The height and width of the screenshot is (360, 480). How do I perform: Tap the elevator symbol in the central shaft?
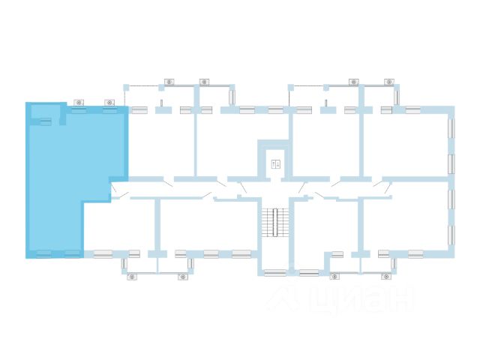[x=275, y=163]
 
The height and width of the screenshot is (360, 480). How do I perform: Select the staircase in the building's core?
[x=275, y=221]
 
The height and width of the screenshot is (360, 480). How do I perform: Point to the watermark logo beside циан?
[x=284, y=298]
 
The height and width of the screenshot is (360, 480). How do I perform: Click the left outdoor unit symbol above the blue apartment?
[x=78, y=102]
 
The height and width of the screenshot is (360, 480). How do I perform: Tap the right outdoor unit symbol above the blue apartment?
[x=109, y=102]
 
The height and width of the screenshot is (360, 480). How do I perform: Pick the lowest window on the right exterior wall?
[x=451, y=235]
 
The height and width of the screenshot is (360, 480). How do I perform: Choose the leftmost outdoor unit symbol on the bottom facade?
[x=132, y=277]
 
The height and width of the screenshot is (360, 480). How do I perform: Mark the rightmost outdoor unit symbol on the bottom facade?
[x=386, y=277]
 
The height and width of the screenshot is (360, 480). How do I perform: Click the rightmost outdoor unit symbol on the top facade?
[x=388, y=82]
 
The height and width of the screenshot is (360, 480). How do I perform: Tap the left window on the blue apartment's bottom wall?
[x=44, y=253]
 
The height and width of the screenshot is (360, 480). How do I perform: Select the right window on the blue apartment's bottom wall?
[x=72, y=253]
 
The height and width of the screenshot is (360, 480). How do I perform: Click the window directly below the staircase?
[x=275, y=273]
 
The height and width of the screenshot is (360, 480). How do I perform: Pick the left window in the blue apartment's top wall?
[x=78, y=110]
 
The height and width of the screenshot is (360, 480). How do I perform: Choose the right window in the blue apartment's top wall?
[x=109, y=110]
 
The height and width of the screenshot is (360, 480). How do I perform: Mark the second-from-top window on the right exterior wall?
[x=451, y=163]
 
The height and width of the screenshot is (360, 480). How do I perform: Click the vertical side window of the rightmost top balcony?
[x=397, y=97]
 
